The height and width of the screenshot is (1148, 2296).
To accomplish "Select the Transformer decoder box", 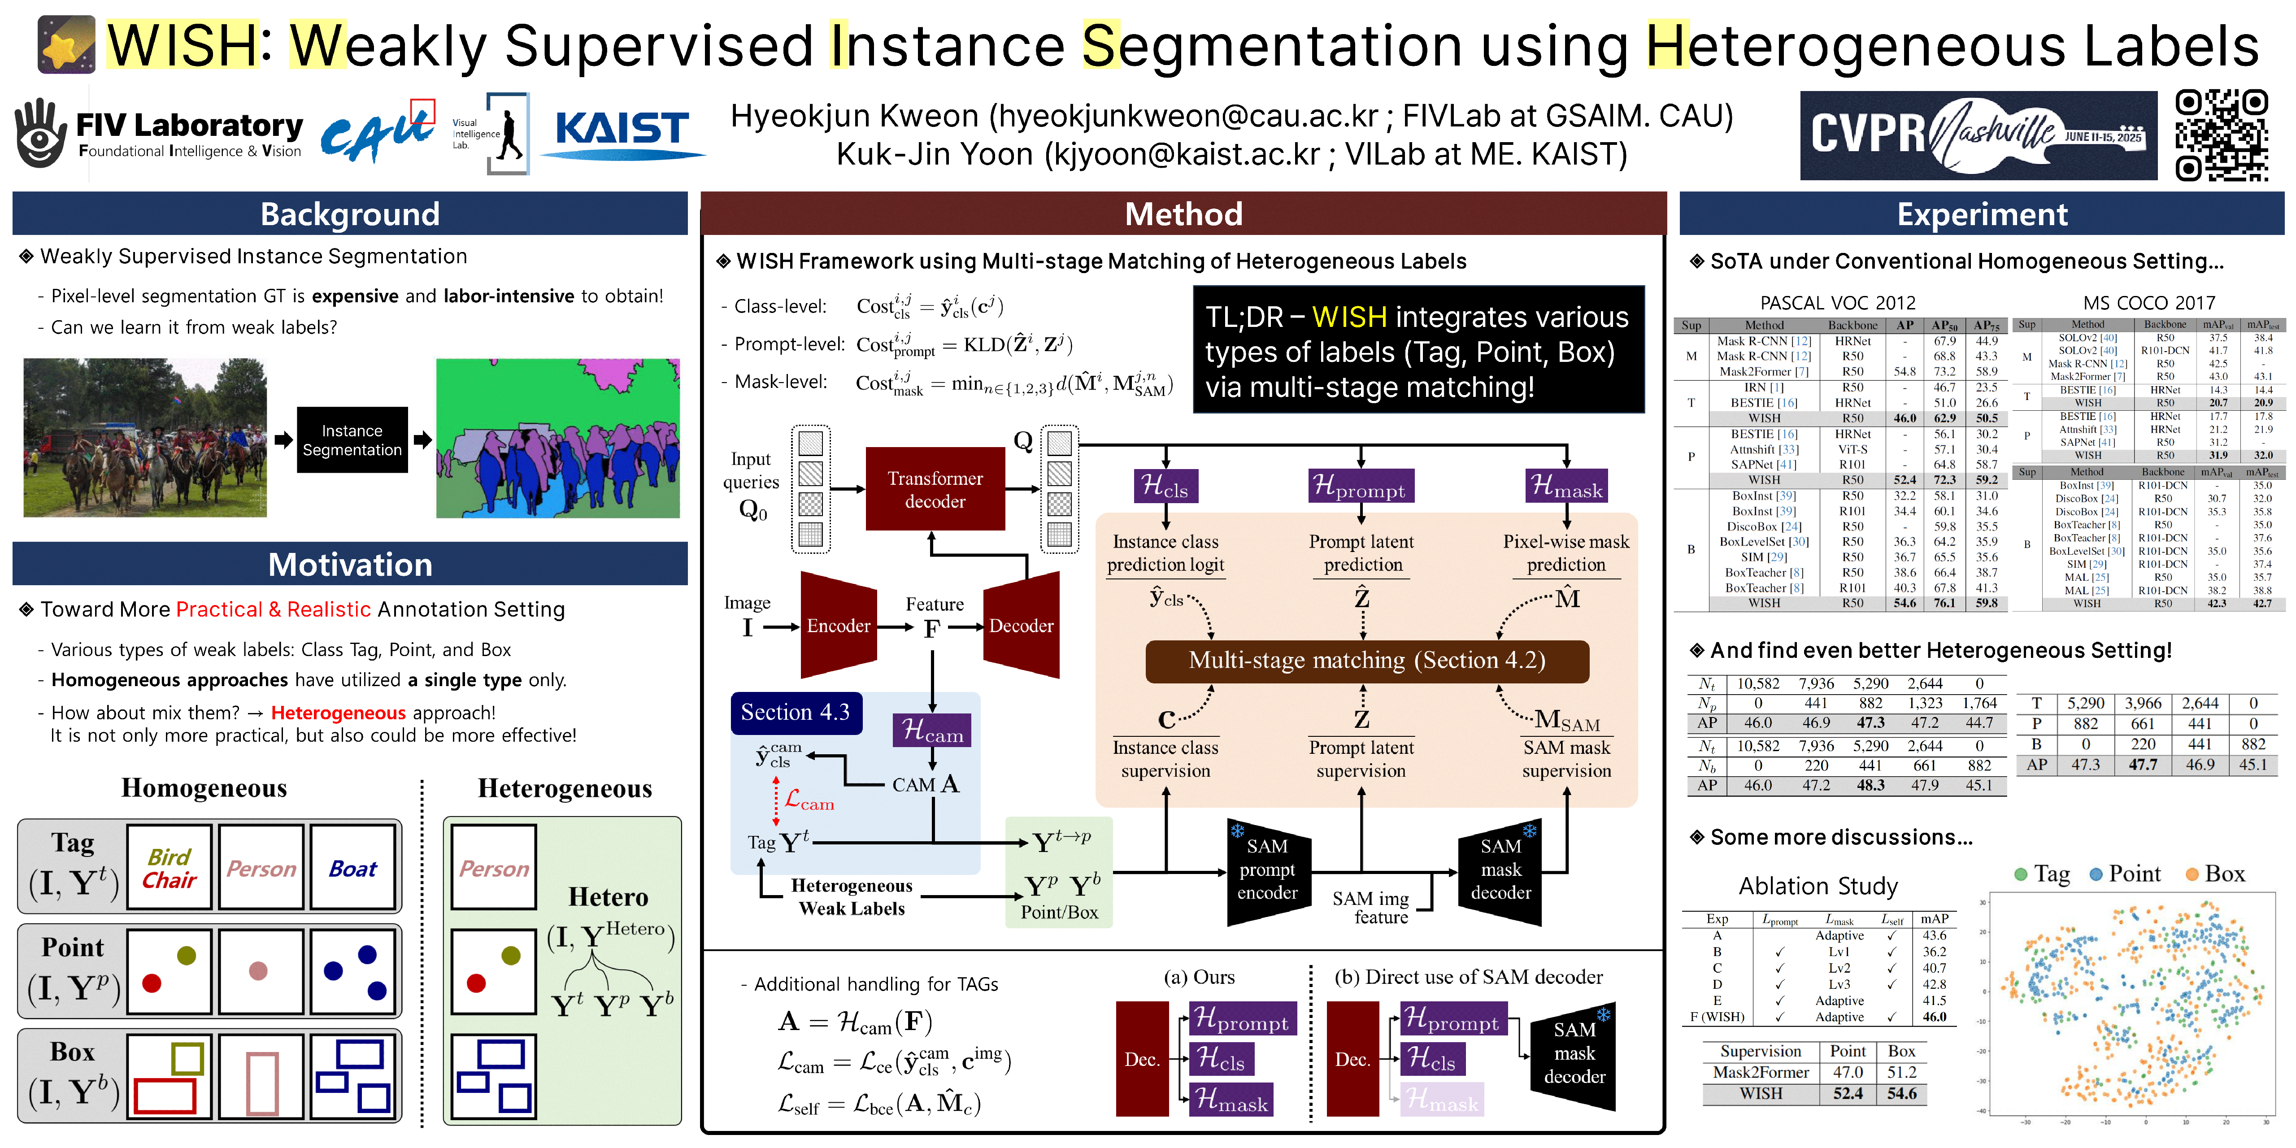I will (935, 489).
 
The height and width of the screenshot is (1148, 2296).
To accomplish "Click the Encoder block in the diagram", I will (838, 626).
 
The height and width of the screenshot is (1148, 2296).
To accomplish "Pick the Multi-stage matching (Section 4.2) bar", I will (1366, 661).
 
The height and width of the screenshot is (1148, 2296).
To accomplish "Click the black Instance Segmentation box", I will (352, 440).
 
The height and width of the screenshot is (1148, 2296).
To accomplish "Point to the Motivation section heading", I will (350, 564).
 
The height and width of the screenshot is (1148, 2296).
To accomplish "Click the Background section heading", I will (350, 214).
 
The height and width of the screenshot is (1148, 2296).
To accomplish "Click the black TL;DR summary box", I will (1418, 350).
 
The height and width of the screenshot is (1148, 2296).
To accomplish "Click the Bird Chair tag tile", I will (170, 867).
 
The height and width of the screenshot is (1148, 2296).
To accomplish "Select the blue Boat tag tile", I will (353, 867).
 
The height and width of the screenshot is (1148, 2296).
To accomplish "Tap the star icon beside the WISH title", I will (66, 44).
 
